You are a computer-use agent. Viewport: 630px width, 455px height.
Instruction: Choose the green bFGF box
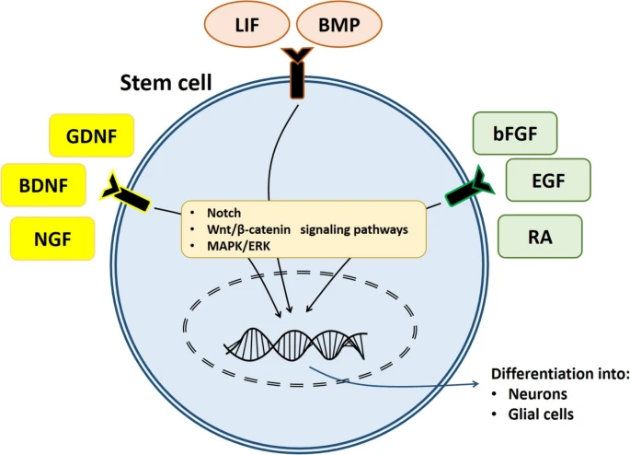[x=515, y=133]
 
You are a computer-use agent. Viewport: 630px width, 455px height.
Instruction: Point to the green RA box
[x=540, y=236]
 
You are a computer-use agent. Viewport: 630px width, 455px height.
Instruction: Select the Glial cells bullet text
[x=546, y=414]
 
